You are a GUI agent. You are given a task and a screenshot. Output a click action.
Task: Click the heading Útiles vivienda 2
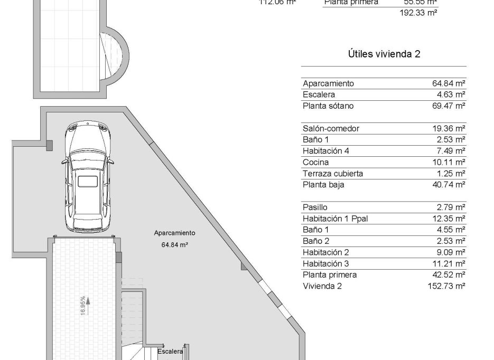384,54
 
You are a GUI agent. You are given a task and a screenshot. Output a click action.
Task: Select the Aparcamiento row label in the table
328,83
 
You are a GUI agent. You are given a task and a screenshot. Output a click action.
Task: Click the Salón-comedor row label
331,128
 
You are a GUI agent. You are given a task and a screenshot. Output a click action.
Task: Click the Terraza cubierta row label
333,174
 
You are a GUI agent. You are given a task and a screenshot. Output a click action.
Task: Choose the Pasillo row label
315,207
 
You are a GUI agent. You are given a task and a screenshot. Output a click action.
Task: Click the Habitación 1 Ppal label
335,219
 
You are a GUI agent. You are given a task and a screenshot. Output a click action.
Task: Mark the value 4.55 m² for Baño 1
448,230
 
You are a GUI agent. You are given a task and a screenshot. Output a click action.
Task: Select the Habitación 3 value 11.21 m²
446,263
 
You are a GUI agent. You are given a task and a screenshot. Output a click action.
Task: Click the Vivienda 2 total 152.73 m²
445,286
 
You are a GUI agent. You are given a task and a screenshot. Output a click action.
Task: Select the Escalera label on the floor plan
170,351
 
